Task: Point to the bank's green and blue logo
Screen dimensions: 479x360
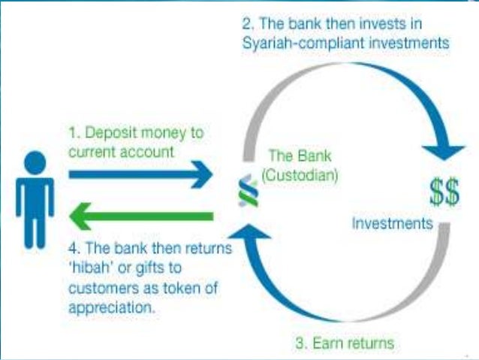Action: pyautogui.click(x=243, y=191)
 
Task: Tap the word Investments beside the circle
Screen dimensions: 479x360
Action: pyautogui.click(x=393, y=223)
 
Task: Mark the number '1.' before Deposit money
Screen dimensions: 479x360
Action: pyautogui.click(x=74, y=132)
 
